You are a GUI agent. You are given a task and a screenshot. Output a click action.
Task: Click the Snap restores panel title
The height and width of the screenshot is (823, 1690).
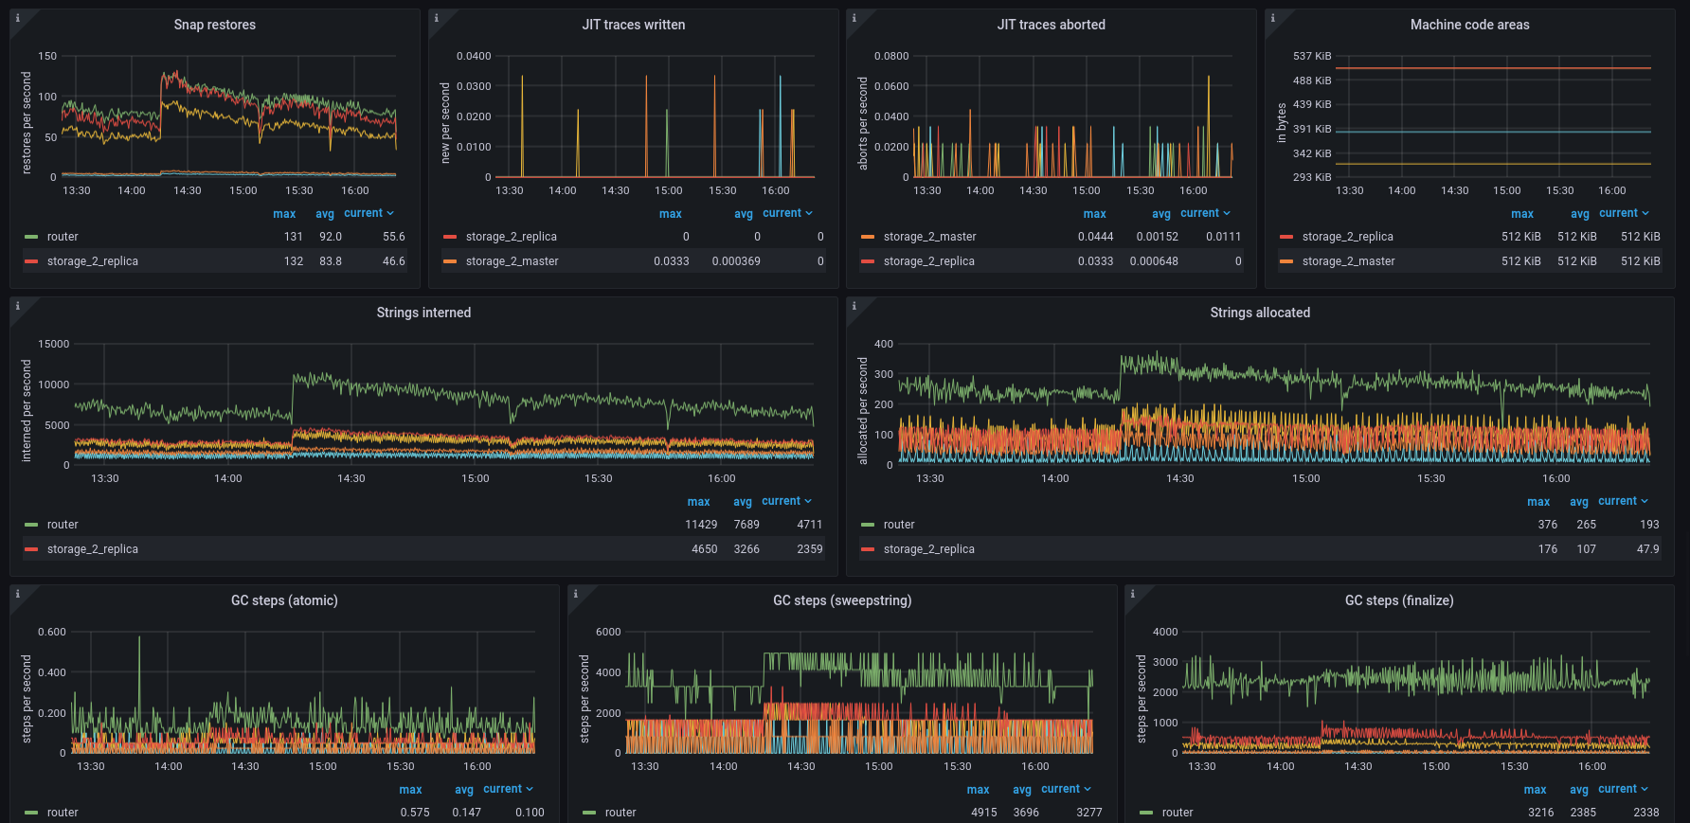pos(214,25)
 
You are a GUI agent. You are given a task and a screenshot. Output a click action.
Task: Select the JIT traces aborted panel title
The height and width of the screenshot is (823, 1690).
pos(1051,25)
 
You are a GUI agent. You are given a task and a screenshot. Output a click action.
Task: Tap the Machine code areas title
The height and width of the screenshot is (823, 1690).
pos(1469,25)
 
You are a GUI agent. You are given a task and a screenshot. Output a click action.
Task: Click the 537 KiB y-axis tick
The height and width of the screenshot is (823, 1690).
pos(1312,56)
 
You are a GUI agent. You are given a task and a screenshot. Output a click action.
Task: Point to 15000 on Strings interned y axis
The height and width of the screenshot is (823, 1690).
pos(53,344)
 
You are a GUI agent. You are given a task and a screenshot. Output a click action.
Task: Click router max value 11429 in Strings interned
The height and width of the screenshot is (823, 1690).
pos(701,525)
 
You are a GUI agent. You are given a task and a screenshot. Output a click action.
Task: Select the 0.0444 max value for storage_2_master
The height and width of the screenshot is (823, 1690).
pos(1095,237)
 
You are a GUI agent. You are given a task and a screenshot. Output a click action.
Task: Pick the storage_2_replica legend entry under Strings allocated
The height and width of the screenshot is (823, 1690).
pos(928,549)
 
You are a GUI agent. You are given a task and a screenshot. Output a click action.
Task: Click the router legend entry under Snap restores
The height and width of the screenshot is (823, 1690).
pos(63,237)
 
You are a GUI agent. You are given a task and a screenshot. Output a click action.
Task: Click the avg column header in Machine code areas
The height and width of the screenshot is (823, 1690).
pos(1579,214)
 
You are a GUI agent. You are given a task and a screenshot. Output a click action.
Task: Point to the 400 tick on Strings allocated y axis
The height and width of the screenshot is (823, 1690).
pos(883,344)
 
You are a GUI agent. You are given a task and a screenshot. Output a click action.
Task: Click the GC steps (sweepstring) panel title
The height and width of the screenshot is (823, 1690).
pos(842,600)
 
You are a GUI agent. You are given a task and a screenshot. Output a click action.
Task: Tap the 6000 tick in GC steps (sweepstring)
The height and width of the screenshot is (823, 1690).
pos(608,632)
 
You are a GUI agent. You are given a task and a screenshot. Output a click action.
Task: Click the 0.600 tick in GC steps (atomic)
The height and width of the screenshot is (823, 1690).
pos(52,632)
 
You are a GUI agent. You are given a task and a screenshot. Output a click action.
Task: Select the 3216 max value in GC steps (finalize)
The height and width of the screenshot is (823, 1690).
pos(1540,813)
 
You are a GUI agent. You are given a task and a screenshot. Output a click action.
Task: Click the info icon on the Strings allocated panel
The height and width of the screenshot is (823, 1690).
pos(854,306)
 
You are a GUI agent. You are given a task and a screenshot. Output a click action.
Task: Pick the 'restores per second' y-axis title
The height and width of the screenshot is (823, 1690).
pos(27,123)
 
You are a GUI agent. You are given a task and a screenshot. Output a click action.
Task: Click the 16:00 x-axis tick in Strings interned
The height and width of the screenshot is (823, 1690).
pos(721,478)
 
